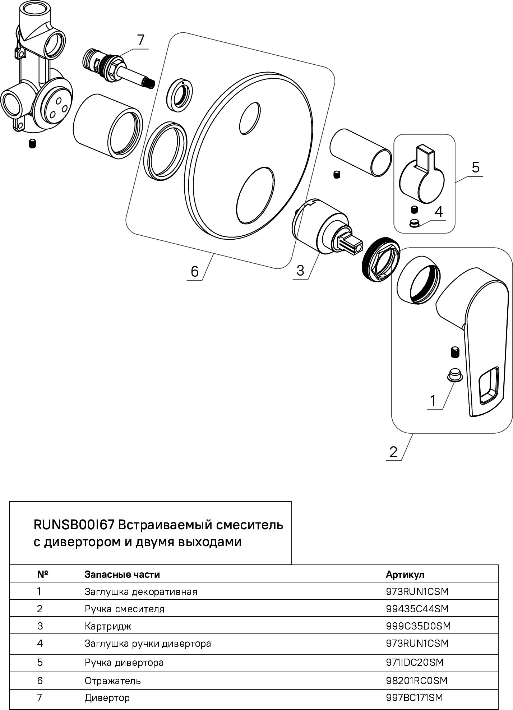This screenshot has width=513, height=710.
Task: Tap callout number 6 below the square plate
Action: click(x=194, y=272)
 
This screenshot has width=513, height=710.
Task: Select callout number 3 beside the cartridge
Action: click(x=300, y=271)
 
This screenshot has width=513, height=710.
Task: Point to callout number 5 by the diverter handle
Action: click(x=475, y=167)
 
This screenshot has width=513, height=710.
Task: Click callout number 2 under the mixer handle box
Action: click(x=394, y=452)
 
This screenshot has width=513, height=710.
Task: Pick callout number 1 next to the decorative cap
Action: click(x=433, y=400)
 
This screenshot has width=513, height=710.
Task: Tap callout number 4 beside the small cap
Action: click(x=439, y=212)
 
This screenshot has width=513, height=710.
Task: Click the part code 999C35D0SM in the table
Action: click(x=418, y=626)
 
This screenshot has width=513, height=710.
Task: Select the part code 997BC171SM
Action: click(x=414, y=697)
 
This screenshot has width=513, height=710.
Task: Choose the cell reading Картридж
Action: click(x=108, y=626)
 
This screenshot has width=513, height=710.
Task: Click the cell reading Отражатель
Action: click(x=112, y=681)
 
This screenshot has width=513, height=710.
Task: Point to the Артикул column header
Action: click(x=405, y=574)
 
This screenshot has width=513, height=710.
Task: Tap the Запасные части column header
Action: click(x=122, y=574)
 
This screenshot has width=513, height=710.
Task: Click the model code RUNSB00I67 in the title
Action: click(x=74, y=525)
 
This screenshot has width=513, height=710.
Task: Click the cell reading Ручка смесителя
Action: click(x=124, y=609)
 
